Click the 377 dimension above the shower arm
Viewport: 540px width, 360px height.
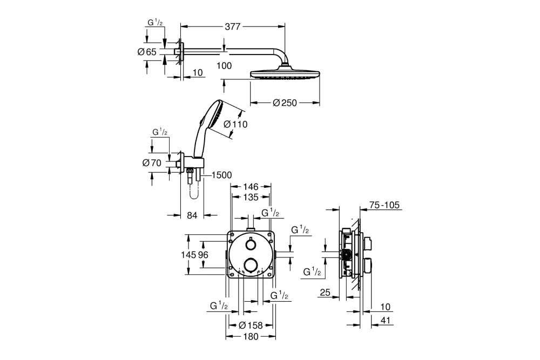232,26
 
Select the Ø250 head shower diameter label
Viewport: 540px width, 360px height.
285,103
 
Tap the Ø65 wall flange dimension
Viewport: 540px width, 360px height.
147,52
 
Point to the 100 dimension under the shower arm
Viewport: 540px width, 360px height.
224,66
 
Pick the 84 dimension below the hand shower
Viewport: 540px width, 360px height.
192,215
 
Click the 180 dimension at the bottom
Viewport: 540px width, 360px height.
251,337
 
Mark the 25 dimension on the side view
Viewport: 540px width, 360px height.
325,293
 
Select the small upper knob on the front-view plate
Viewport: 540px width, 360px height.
251,246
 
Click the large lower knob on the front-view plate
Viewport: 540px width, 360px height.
251,264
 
